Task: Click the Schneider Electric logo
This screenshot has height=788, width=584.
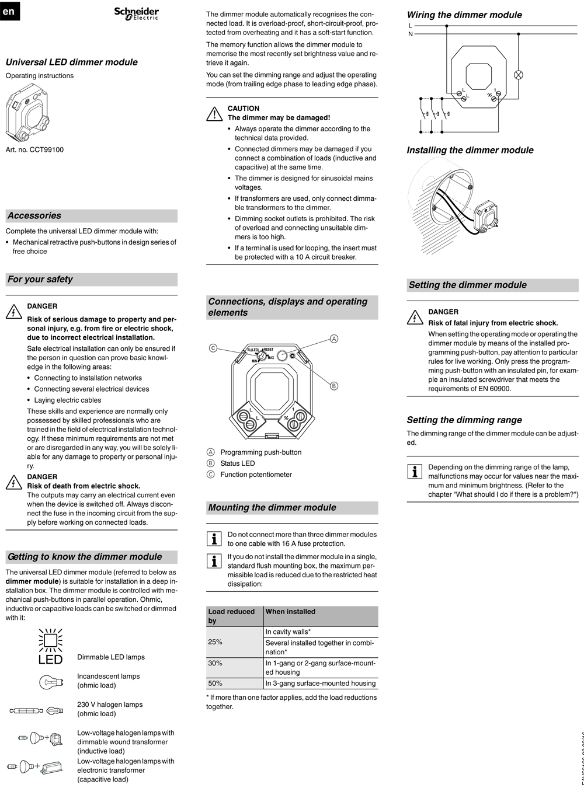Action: (136, 13)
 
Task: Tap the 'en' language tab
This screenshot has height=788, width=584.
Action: (9, 11)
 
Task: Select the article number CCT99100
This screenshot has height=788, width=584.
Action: (34, 149)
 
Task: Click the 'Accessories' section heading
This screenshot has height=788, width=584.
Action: (34, 216)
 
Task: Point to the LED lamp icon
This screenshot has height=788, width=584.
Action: (50, 647)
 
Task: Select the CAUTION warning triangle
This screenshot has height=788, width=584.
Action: (213, 113)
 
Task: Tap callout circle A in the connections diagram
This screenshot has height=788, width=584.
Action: (334, 339)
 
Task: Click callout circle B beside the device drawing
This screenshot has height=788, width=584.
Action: (334, 386)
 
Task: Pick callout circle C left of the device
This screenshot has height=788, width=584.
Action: (213, 348)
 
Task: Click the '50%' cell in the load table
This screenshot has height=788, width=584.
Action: (215, 683)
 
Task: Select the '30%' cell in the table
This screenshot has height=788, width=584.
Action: (215, 663)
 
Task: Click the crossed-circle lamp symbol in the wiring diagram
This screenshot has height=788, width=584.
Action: (517, 75)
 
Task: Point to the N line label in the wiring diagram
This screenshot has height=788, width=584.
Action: (411, 34)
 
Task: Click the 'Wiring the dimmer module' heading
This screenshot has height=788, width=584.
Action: (464, 15)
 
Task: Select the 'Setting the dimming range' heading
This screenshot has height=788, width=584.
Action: (464, 420)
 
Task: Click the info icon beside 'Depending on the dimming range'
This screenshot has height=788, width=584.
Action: (414, 472)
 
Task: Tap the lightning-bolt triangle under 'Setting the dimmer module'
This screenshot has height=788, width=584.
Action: (414, 317)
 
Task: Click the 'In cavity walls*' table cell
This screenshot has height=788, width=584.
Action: (288, 632)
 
